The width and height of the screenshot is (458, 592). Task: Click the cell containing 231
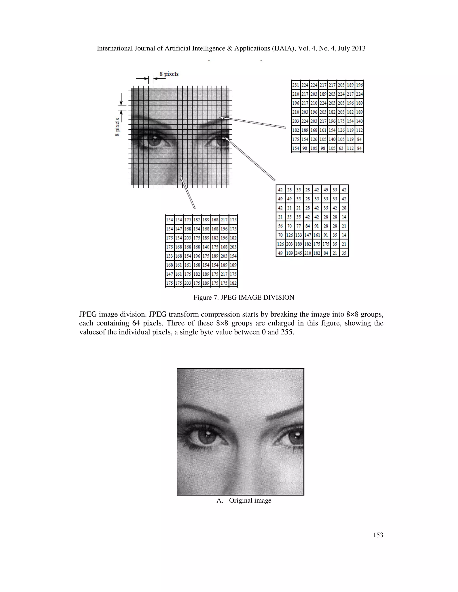pyautogui.click(x=295, y=85)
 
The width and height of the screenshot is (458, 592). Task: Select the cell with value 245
pyautogui.click(x=299, y=253)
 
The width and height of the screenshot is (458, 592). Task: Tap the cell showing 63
pyautogui.click(x=341, y=148)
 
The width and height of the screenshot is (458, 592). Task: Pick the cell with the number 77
pyautogui.click(x=299, y=226)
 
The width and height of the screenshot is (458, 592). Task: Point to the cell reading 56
pyautogui.click(x=280, y=226)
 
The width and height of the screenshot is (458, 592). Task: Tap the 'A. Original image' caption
pyautogui.click(x=244, y=500)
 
